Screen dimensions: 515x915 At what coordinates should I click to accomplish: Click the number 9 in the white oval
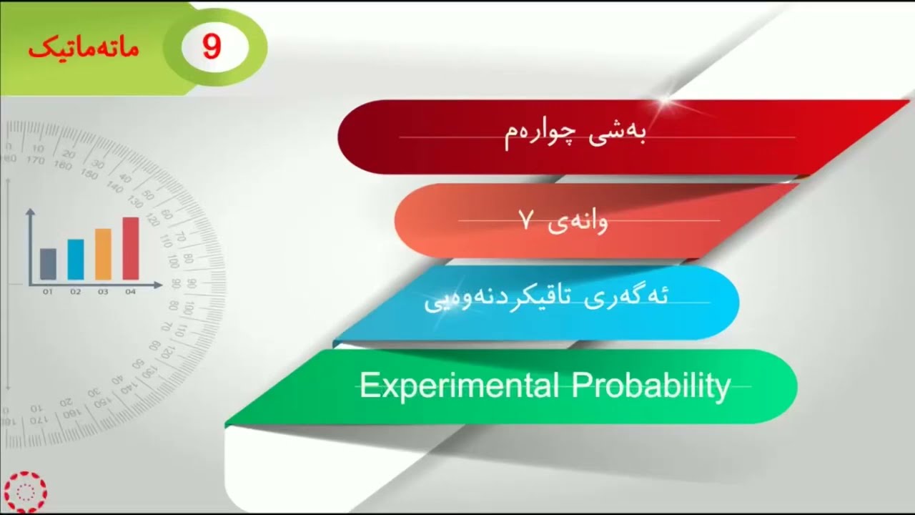point(212,47)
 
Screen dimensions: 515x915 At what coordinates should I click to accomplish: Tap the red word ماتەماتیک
point(84,48)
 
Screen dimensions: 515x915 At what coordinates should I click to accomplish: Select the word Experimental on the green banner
point(458,386)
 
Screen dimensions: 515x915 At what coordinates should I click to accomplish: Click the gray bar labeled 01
point(48,264)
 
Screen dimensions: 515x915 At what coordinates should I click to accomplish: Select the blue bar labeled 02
point(76,259)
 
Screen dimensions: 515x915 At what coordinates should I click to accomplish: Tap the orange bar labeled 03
point(103,254)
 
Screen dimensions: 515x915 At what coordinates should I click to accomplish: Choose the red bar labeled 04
point(131,248)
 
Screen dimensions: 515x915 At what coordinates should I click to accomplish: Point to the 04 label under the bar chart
point(131,292)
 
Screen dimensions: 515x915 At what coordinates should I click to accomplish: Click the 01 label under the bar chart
point(48,292)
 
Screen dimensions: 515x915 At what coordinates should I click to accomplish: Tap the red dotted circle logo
point(24,491)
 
